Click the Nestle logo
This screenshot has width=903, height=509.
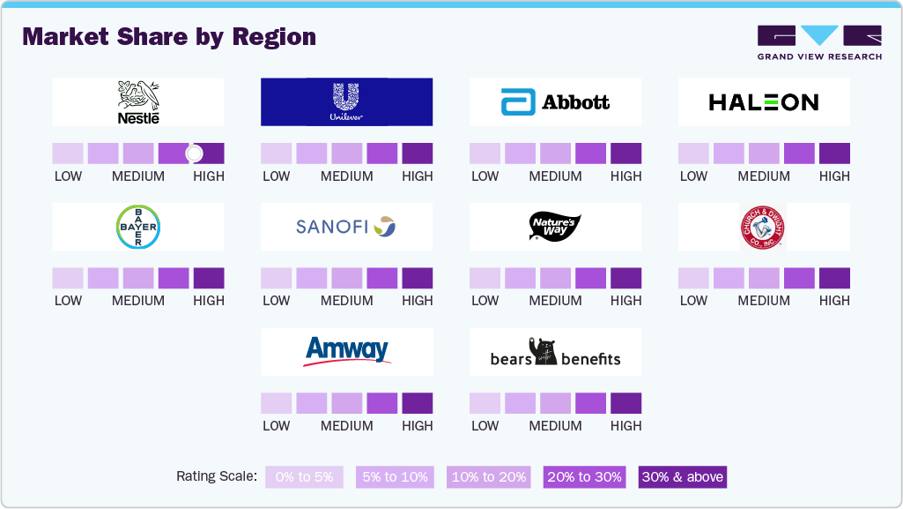pos(138,102)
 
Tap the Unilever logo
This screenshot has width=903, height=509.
pos(346,102)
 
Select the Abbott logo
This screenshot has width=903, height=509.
pos(555,102)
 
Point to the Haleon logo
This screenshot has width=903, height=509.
pos(764,102)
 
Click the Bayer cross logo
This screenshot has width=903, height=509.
pos(138,228)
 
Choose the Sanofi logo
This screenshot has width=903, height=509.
pos(346,228)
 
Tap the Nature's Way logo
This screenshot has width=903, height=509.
pos(555,227)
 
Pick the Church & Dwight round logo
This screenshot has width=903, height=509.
pos(763,228)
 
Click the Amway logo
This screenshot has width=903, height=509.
pos(346,351)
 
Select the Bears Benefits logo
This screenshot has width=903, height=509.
pos(555,353)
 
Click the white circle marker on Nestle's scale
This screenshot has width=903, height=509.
pos(195,153)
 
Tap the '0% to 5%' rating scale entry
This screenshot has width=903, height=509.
pos(305,477)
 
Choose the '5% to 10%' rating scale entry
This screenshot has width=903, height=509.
pos(396,477)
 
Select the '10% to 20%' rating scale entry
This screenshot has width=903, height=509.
pos(489,477)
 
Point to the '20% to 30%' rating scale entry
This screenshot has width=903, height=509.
pos(585,477)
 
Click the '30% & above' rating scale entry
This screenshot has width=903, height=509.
pos(683,477)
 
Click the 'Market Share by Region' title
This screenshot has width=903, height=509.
pos(169,37)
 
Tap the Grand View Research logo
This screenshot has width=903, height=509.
pos(819,43)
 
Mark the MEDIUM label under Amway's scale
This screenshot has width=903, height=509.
pos(346,426)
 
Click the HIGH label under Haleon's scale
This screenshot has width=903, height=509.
pos(834,176)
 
